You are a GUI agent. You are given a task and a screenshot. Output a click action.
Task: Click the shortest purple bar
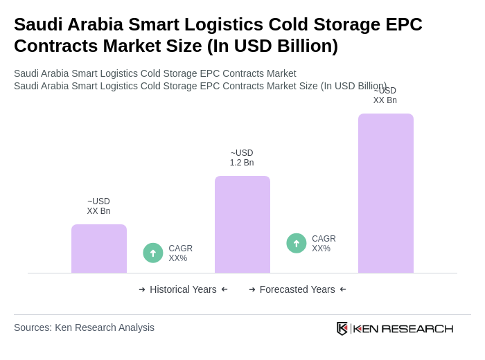[99, 249]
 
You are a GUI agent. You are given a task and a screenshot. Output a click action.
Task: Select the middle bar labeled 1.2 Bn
[242, 224]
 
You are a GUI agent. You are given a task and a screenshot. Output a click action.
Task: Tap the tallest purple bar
[386, 193]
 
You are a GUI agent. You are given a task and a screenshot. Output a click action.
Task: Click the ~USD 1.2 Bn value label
[242, 158]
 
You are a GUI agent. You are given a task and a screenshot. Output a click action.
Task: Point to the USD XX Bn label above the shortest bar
[98, 206]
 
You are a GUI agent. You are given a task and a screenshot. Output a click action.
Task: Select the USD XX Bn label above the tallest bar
[385, 96]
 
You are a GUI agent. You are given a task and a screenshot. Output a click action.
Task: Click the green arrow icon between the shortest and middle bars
[153, 253]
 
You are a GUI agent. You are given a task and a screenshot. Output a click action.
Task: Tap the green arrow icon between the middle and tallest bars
[297, 243]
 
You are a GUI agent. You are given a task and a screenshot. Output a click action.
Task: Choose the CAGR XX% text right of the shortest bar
[181, 253]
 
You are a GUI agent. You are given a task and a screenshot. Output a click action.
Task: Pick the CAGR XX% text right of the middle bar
[324, 244]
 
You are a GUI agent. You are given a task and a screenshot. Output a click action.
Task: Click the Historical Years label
[183, 289]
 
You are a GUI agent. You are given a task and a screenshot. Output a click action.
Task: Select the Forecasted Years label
[297, 289]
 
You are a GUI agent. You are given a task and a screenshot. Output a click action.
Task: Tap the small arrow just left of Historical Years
[142, 289]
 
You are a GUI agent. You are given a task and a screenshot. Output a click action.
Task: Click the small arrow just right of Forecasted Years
[343, 289]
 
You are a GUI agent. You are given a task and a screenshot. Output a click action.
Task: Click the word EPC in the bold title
[403, 24]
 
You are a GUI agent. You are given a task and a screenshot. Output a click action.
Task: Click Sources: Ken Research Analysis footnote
[84, 327]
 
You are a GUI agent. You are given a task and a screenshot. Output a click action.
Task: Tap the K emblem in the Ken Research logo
[342, 328]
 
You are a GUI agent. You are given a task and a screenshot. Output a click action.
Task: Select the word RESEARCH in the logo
[417, 328]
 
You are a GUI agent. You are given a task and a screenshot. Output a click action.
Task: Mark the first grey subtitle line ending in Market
[155, 73]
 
